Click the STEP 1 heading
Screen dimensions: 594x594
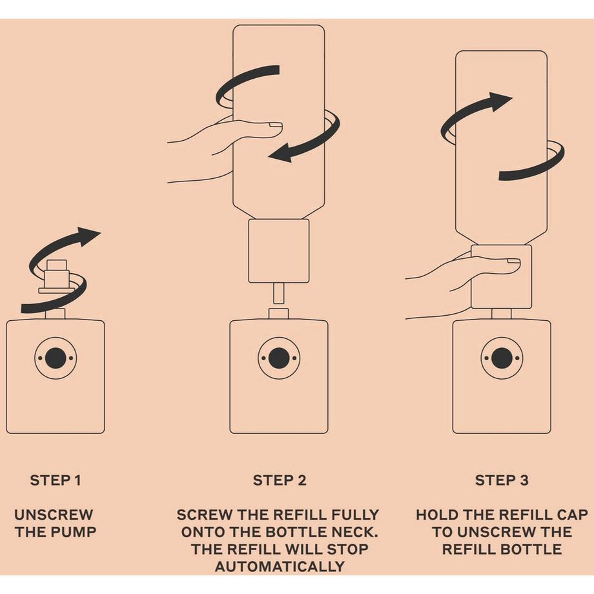click(56, 480)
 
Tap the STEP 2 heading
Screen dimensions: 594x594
click(280, 480)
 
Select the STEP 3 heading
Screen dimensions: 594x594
click(502, 480)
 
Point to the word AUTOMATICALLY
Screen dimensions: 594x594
click(280, 567)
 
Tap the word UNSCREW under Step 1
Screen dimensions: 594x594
click(54, 515)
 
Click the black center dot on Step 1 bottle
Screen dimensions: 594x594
click(56, 358)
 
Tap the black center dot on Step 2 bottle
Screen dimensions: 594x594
click(279, 358)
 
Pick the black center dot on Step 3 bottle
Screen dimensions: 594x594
click(502, 358)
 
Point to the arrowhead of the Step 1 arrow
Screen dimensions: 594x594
click(88, 236)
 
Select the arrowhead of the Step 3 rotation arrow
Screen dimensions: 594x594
click(500, 101)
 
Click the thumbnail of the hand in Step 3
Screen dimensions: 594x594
click(513, 261)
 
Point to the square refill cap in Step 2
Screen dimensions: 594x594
click(279, 251)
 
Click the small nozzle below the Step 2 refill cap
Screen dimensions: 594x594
click(279, 294)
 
